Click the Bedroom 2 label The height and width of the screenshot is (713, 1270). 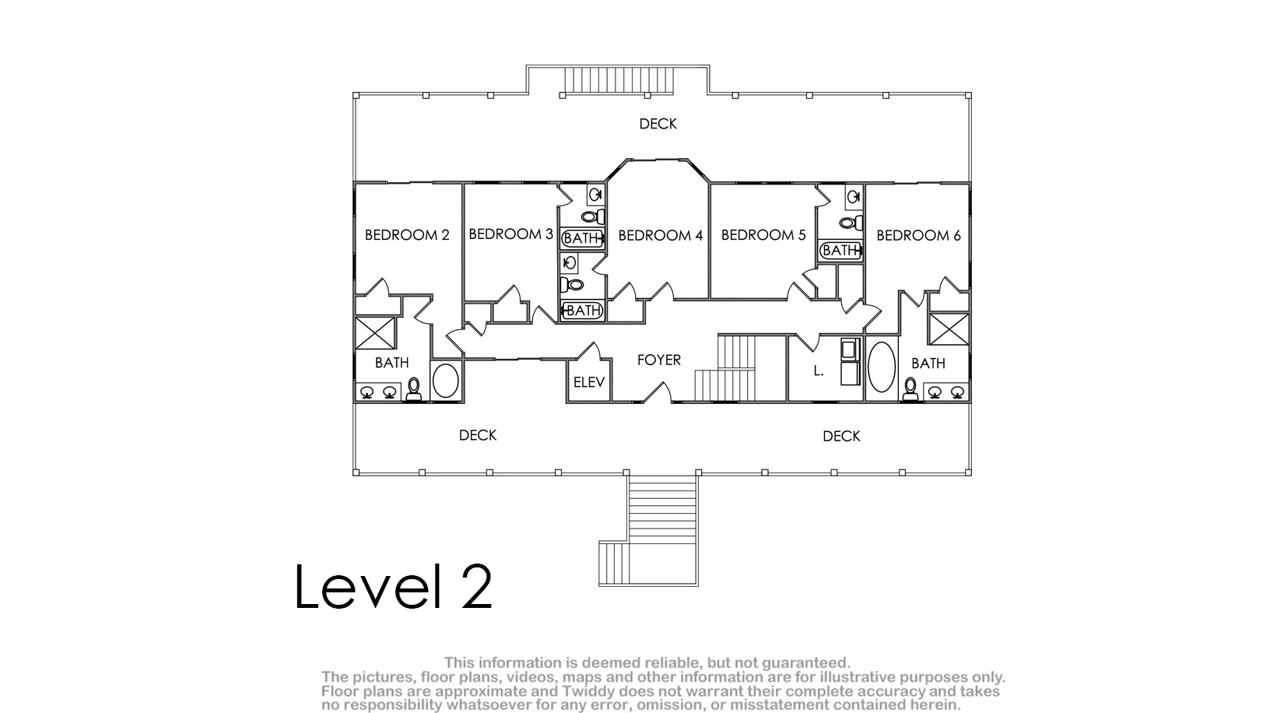[x=407, y=235]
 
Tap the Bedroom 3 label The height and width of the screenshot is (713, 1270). [x=510, y=234]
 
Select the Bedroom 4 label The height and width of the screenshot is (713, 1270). [x=661, y=235]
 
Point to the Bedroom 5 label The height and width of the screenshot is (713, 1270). [x=763, y=234]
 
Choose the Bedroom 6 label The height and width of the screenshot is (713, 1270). [x=918, y=235]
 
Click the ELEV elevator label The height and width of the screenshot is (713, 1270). [x=589, y=382]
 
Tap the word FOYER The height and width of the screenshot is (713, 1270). [x=659, y=360]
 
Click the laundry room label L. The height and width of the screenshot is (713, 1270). [x=818, y=371]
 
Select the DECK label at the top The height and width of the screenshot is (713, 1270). [x=658, y=124]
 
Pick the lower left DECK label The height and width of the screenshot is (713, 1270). [x=477, y=435]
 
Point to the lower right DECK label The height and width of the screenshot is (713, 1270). [x=841, y=436]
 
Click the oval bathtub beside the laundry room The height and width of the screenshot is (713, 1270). [x=882, y=367]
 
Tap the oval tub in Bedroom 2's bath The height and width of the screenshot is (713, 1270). [x=446, y=381]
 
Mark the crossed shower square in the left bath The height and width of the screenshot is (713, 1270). [x=375, y=333]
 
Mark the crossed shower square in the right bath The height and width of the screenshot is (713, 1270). [x=949, y=329]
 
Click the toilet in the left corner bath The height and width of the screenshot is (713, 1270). [x=414, y=390]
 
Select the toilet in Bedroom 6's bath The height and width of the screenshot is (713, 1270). [x=910, y=389]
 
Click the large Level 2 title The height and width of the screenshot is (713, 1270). [x=393, y=586]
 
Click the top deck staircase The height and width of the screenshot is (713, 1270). [x=619, y=80]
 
